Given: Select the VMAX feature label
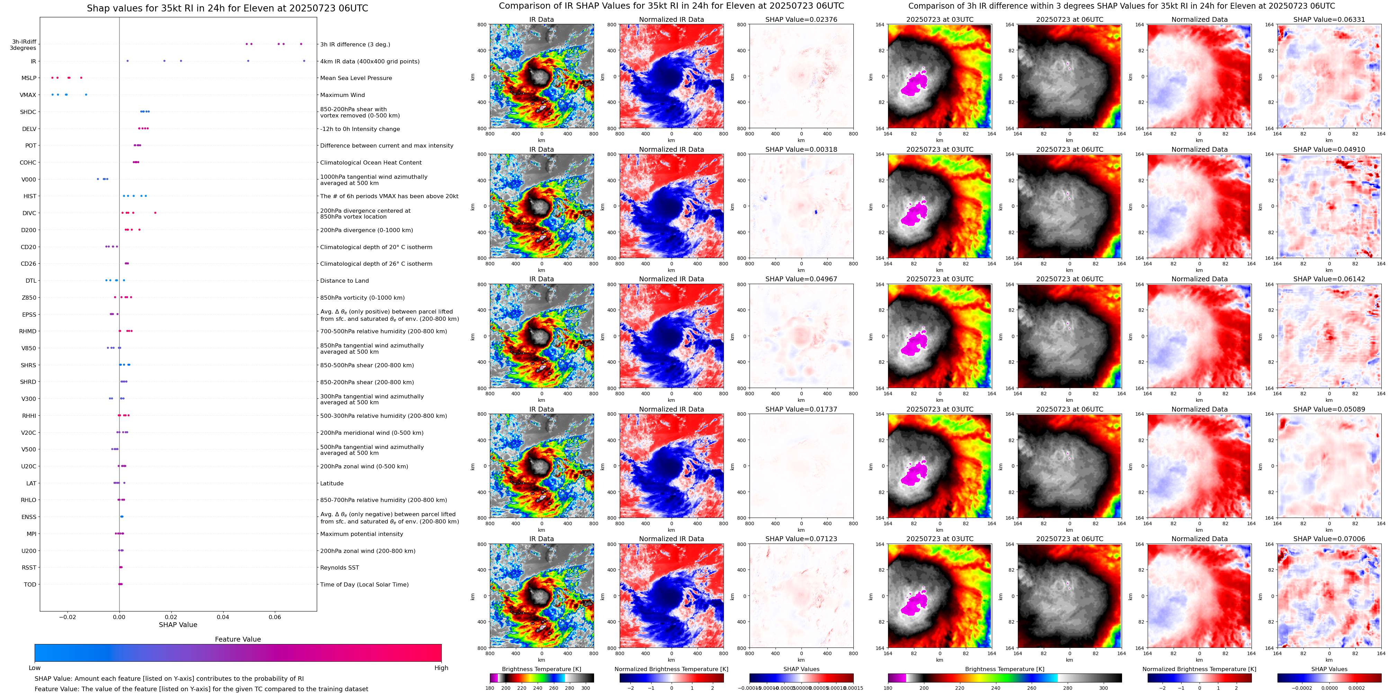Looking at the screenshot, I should tap(28, 95).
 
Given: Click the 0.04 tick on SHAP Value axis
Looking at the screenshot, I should tap(223, 617).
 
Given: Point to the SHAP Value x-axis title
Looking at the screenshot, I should tap(178, 625).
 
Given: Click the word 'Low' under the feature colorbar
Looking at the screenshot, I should tap(35, 668).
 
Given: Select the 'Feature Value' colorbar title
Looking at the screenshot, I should tap(237, 639).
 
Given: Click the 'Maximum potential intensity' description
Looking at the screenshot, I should tap(361, 534).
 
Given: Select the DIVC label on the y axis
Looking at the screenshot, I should tap(29, 213).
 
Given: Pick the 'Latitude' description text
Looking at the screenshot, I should tap(332, 483).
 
